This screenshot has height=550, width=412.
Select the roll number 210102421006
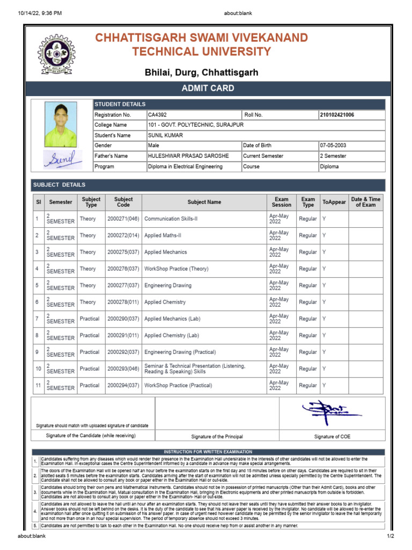point(336,115)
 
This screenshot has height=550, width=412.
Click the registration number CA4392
point(158,115)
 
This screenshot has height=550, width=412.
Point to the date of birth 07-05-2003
point(334,146)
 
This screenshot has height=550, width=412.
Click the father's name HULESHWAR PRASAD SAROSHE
point(188,156)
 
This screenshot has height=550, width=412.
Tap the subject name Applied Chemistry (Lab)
point(171,335)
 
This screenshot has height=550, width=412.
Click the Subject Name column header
point(204,202)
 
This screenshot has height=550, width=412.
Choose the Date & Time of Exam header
point(365,202)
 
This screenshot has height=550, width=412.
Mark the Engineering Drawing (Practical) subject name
point(180,352)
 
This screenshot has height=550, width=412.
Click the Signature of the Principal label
point(217,437)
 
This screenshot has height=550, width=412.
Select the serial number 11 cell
point(38,385)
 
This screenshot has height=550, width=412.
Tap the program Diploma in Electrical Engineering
point(185,167)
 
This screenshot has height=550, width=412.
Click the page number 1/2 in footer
point(390,537)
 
